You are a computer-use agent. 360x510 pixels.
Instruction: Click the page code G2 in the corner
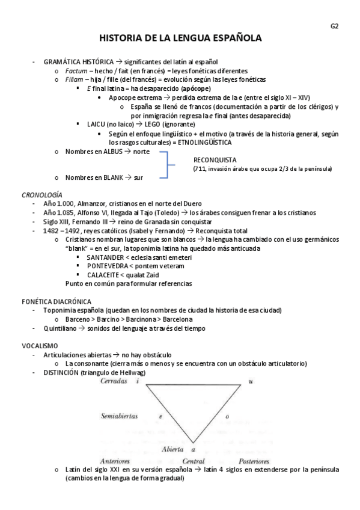tap(335, 26)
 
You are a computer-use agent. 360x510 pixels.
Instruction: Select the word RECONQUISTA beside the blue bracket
tap(215, 160)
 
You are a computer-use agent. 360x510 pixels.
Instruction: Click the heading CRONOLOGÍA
tap(41, 195)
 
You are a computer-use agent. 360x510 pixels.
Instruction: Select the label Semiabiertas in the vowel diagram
tap(119, 416)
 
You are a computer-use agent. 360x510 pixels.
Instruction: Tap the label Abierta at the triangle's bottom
tap(174, 449)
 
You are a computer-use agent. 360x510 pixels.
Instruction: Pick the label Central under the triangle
tap(193, 461)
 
